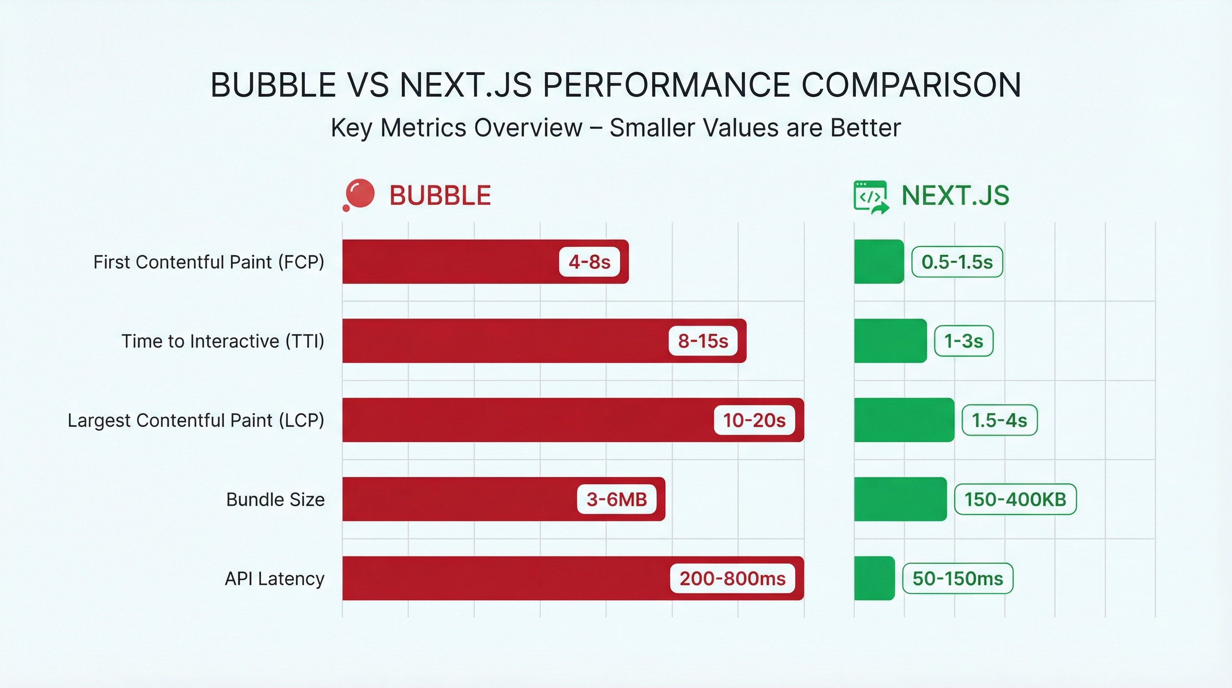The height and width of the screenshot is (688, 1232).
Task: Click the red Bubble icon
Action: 359,195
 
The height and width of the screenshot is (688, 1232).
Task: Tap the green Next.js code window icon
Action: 870,196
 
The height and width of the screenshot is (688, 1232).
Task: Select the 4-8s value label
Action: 589,262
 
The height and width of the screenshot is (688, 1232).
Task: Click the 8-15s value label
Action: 702,341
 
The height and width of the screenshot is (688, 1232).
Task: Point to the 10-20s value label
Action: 754,420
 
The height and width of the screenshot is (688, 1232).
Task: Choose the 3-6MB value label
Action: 616,499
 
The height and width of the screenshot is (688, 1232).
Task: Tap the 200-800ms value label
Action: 732,578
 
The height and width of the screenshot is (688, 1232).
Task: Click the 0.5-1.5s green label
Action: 957,262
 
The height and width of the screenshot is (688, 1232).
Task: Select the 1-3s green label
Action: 963,341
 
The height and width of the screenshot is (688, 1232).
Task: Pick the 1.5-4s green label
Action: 999,420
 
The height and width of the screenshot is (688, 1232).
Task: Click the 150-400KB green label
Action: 1015,499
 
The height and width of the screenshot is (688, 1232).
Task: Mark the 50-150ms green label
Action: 958,578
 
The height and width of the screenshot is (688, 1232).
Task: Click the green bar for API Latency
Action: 874,578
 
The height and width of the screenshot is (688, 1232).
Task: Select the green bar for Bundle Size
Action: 900,499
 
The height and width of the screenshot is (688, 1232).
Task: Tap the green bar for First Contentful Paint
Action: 879,262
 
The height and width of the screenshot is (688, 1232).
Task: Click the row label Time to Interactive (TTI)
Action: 223,341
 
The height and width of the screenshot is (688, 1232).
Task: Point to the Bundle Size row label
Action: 275,499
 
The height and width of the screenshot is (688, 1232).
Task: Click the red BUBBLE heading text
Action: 440,196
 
